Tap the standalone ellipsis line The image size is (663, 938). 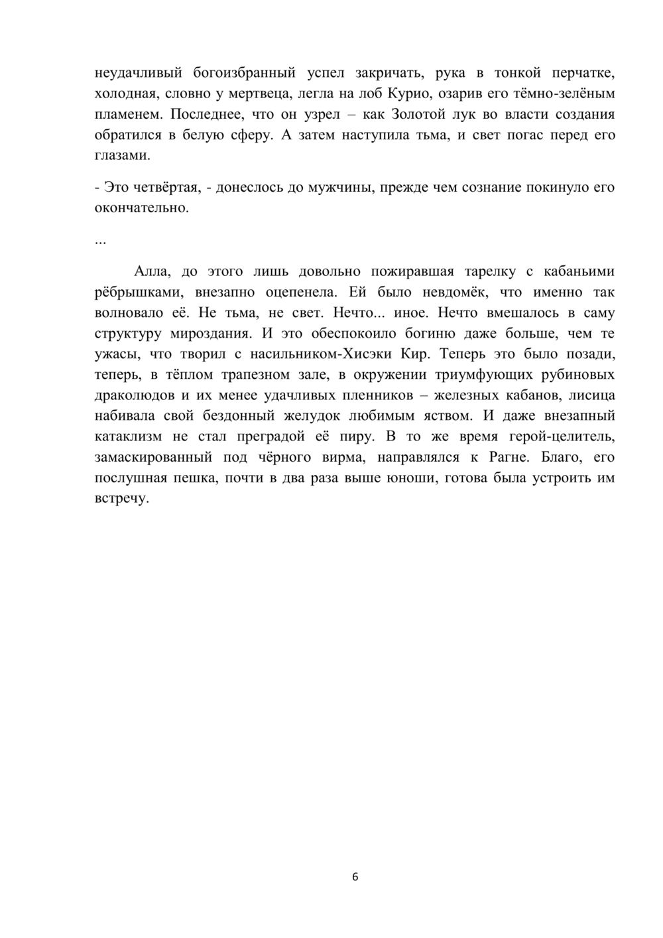coord(100,239)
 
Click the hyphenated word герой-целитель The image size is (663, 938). coord(562,436)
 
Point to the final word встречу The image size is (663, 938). coord(121,499)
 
